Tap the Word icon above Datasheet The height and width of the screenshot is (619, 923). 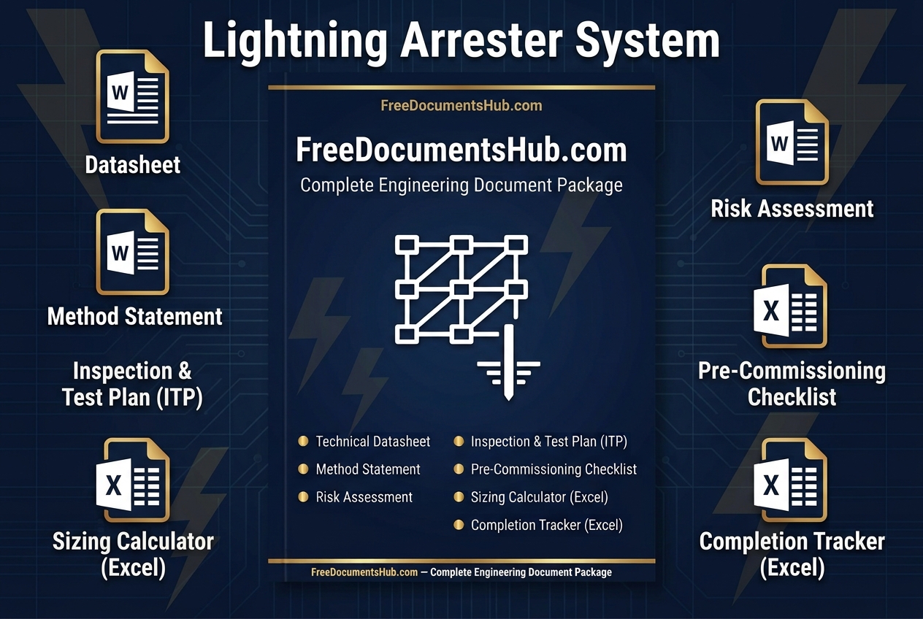click(x=133, y=97)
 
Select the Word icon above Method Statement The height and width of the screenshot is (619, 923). click(x=133, y=252)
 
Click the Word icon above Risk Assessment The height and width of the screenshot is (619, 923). click(x=792, y=142)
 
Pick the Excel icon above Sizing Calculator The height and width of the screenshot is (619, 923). click(x=133, y=480)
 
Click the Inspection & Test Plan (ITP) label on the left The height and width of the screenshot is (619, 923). click(x=132, y=384)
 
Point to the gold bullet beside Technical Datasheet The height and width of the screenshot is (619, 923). click(x=303, y=442)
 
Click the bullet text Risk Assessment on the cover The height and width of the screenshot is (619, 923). click(x=364, y=497)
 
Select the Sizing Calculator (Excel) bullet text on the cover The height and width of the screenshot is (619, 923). click(x=540, y=497)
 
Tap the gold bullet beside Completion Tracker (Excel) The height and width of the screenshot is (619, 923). click(x=459, y=525)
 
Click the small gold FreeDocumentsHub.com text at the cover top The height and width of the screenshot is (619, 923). click(x=461, y=106)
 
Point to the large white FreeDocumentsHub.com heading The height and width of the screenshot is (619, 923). click(x=461, y=150)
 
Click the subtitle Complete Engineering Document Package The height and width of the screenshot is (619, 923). click(x=461, y=185)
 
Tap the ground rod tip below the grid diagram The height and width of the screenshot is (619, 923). click(x=509, y=399)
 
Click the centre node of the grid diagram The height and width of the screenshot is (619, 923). click(x=461, y=290)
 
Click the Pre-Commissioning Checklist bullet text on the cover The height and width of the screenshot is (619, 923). click(x=554, y=469)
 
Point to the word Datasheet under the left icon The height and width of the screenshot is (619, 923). click(x=133, y=165)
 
